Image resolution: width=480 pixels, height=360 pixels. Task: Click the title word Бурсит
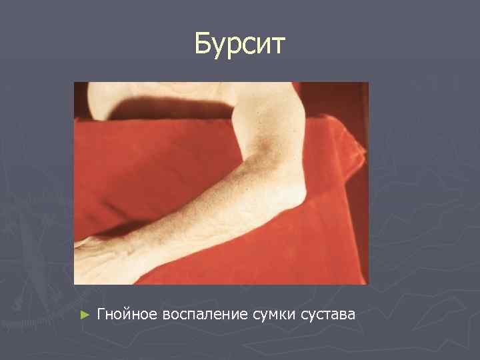[240, 44]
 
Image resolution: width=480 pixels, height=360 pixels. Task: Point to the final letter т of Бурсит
[278, 46]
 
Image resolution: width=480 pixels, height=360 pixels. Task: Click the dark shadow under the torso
[173, 107]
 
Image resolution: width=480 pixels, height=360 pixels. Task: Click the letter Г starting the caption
[101, 313]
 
